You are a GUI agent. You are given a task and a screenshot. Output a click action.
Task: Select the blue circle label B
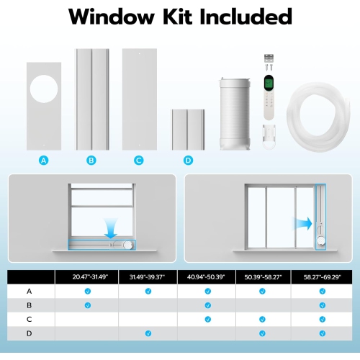tap(91, 160)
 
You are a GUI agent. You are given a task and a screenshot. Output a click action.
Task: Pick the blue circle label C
tap(138, 160)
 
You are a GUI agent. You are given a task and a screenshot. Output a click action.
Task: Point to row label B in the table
tap(30, 305)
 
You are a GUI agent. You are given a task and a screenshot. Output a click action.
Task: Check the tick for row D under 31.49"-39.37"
tap(147, 333)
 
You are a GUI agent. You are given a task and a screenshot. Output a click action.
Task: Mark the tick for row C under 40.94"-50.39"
tap(207, 319)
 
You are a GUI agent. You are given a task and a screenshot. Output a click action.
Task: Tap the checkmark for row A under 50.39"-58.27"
tap(264, 291)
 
